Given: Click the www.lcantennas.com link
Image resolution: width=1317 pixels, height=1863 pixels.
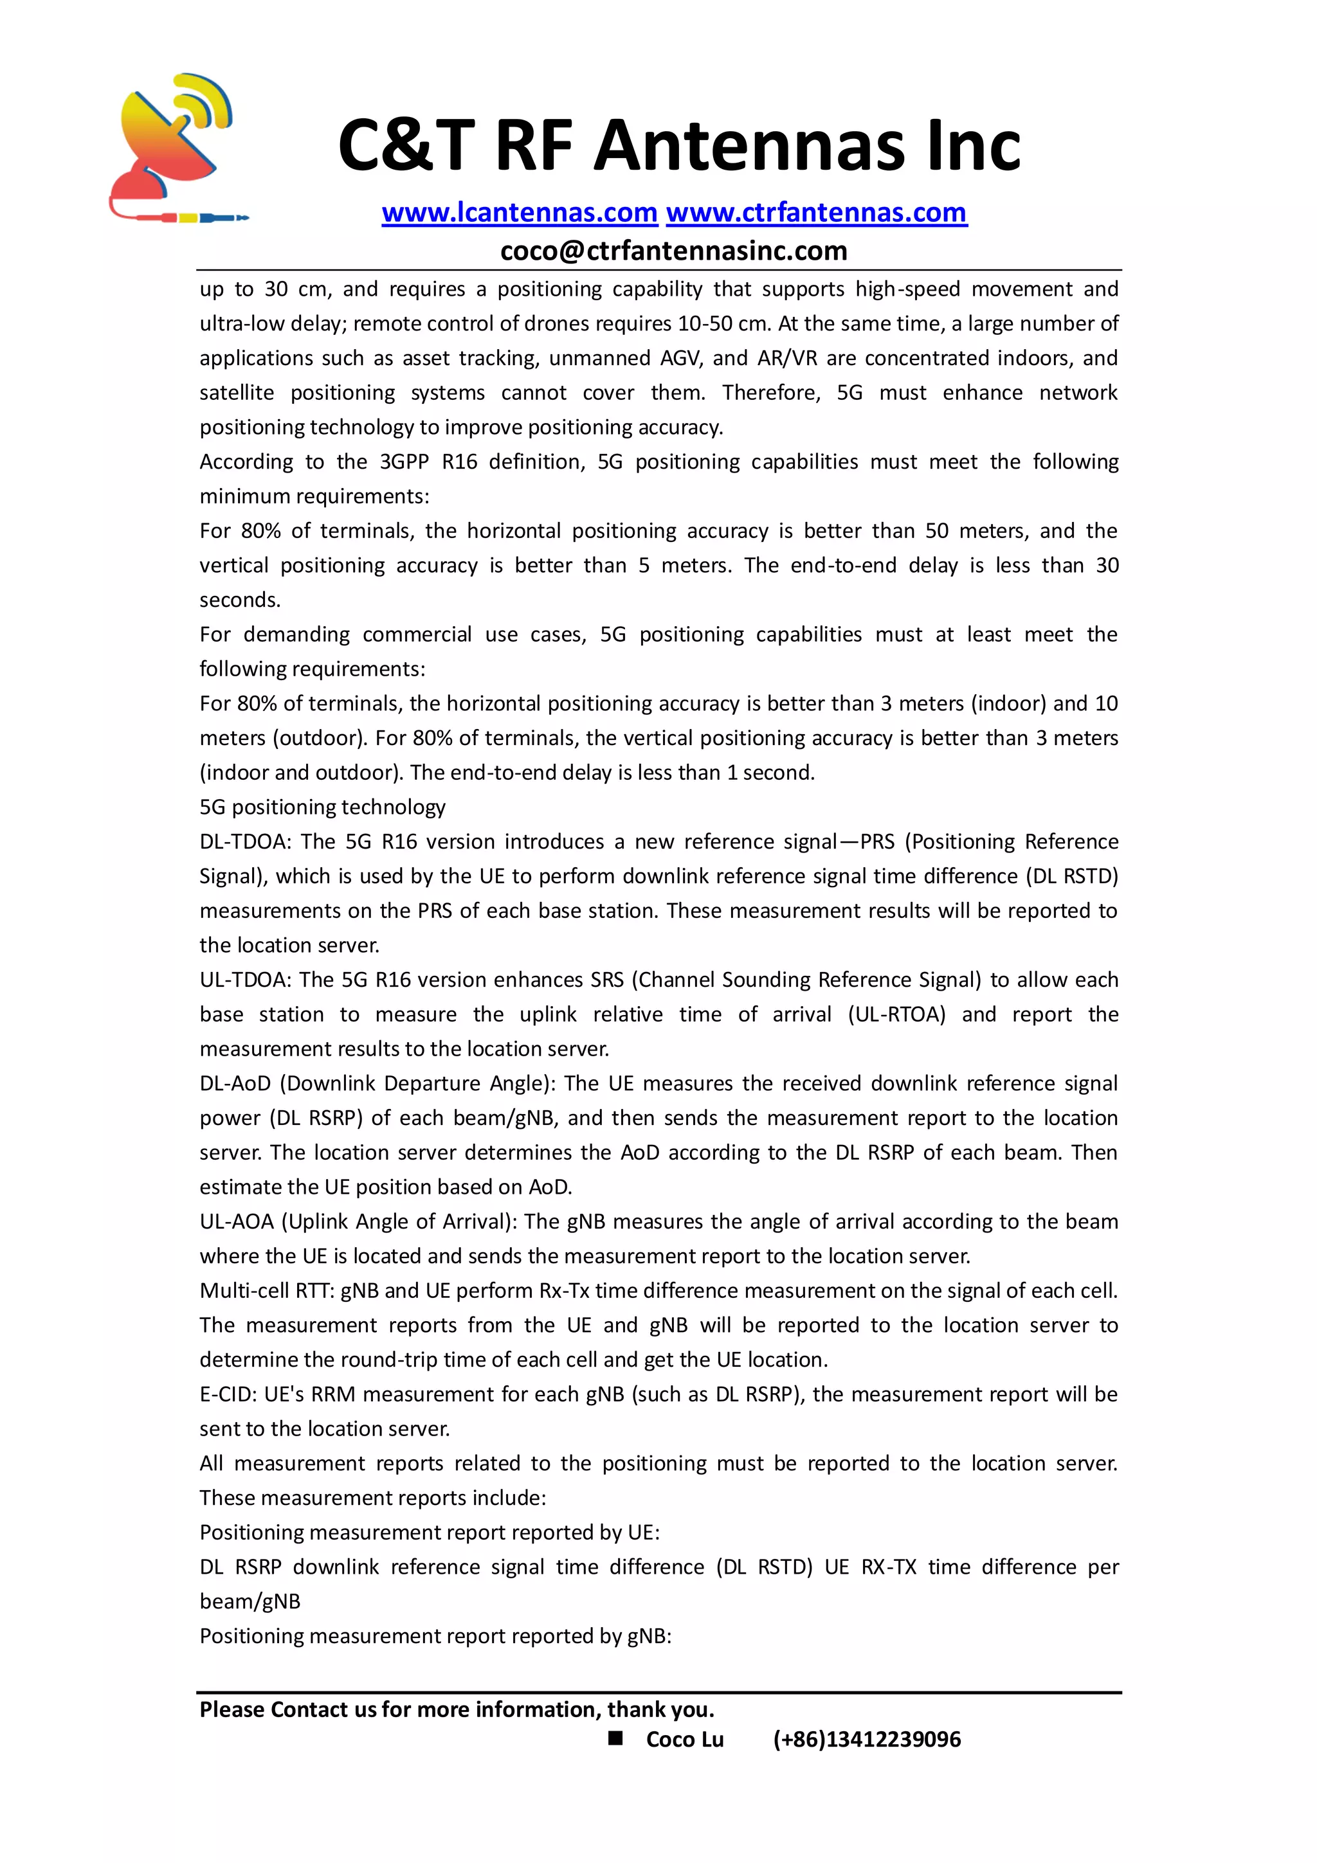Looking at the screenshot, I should click(x=520, y=213).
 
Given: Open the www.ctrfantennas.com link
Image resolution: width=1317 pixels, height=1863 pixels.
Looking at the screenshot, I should click(x=816, y=213).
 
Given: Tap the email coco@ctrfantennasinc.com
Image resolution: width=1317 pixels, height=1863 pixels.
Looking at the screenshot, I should click(x=673, y=251).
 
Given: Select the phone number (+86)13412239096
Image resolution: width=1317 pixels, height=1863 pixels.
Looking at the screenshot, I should click(x=867, y=1739).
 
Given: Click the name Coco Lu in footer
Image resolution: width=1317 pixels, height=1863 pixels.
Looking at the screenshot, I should click(x=684, y=1739).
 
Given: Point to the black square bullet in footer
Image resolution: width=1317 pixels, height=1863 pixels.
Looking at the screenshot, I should click(x=616, y=1737).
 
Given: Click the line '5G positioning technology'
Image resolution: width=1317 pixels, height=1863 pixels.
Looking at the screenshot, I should click(x=322, y=807).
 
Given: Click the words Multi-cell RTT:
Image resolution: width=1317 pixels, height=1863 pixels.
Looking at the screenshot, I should click(x=267, y=1290).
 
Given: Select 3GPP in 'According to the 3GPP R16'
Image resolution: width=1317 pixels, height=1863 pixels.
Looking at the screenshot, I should click(x=404, y=462).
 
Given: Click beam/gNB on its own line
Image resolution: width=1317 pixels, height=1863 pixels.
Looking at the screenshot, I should click(x=250, y=1601).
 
